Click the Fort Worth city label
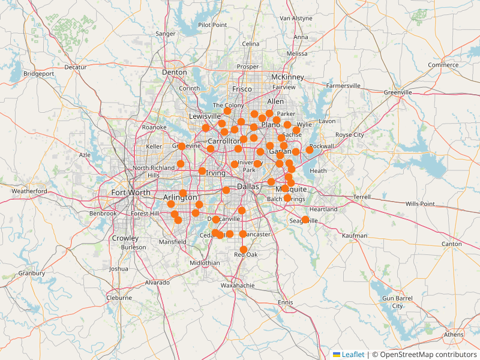pos(131,193)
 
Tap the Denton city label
pos(175,73)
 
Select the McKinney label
pos(288,77)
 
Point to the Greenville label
pos(398,92)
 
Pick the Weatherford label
pos(29,191)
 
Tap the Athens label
pos(454,335)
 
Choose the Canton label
pos(452,244)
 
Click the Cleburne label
pos(119,297)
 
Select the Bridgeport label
pos(39,74)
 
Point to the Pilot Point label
pos(212,25)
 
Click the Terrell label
pos(362,197)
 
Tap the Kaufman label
pos(355,236)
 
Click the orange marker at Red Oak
pos(244,250)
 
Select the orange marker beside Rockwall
pos(310,149)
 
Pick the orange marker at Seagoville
pos(305,220)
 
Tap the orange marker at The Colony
pos(227,111)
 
